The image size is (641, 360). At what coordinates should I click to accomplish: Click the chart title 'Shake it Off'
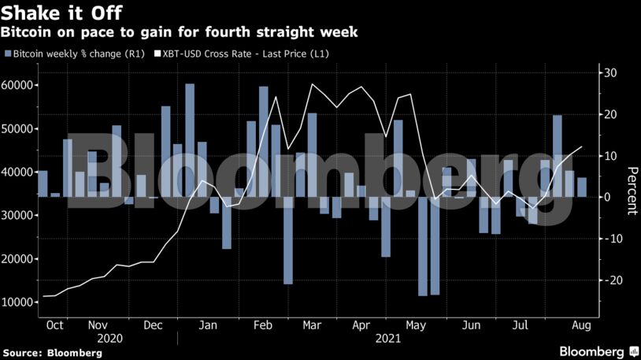[61, 13]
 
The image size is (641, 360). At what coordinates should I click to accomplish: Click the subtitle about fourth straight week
[180, 32]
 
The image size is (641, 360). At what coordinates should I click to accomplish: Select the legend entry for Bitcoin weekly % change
[75, 54]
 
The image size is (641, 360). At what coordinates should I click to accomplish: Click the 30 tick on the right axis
[610, 73]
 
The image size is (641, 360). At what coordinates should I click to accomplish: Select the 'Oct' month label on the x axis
[56, 325]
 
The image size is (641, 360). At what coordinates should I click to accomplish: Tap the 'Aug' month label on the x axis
[580, 325]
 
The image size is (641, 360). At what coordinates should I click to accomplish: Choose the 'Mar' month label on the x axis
[312, 325]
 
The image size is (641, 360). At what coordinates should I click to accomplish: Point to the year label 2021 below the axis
[387, 339]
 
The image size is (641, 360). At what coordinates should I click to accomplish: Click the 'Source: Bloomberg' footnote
[52, 353]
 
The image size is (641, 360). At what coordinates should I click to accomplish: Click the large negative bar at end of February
[288, 239]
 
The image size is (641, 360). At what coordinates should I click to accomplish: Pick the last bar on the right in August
[582, 187]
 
